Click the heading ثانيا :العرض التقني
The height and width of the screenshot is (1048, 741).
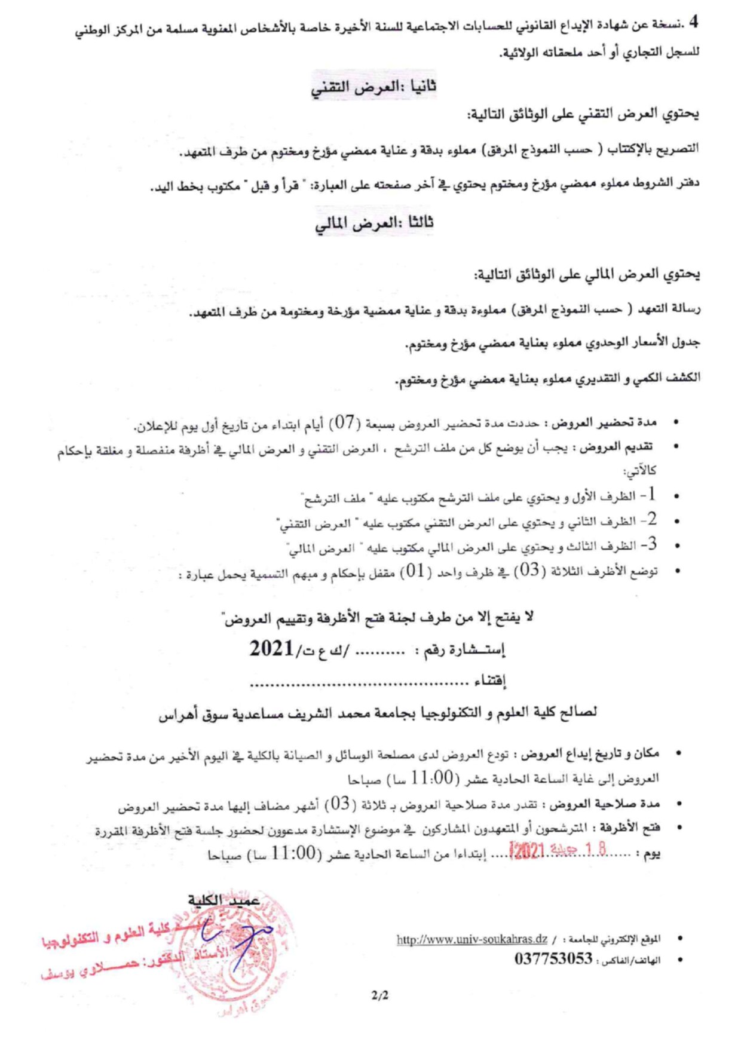(373, 87)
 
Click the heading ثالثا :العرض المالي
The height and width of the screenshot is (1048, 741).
(374, 223)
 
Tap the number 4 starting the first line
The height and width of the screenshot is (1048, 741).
(693, 23)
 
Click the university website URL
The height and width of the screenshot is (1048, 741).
(472, 939)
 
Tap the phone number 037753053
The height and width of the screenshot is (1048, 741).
(553, 959)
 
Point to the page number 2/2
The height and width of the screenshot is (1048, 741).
(379, 995)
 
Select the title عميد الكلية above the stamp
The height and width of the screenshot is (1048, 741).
(223, 900)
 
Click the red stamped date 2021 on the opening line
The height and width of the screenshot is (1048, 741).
(528, 850)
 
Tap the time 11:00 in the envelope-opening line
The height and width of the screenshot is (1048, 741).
(293, 853)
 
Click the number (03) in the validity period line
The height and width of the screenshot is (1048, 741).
(340, 804)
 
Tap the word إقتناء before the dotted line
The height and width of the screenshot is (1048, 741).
(490, 681)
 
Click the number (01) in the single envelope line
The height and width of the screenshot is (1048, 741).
(416, 571)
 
